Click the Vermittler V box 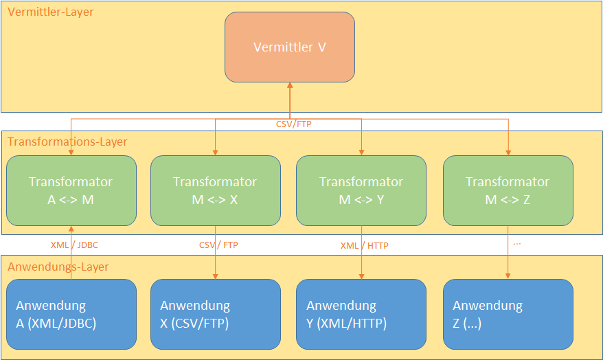coord(289,47)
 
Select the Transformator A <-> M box coord(71,190)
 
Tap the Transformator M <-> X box coord(215,190)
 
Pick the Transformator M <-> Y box coord(361,190)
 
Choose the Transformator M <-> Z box coord(508,190)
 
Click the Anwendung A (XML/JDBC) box coord(71,314)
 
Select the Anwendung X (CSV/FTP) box coord(215,314)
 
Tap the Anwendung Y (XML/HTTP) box coord(361,314)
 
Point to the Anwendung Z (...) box coord(508,314)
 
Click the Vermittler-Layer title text coord(51,12)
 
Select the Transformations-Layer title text coord(67,142)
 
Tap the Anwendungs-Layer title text coord(58,267)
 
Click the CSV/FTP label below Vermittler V coord(294,125)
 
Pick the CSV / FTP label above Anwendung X coord(218,245)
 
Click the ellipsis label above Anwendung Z coord(516,243)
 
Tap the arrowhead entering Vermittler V coord(290,85)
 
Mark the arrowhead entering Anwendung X coord(215,275)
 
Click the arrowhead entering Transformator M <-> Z coord(508,152)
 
